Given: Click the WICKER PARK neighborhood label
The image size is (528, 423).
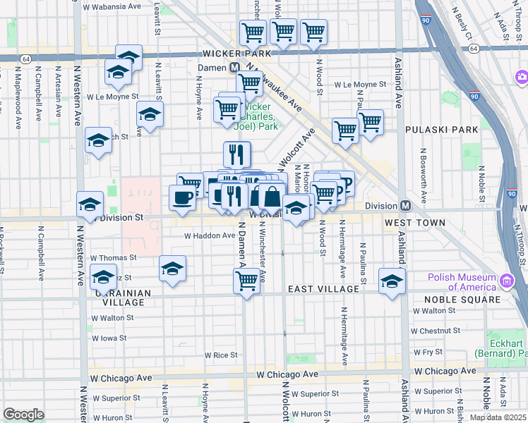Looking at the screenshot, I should (x=236, y=54).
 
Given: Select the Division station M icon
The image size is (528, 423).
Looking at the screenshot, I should (x=406, y=205).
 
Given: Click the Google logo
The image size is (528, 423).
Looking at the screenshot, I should (x=23, y=415).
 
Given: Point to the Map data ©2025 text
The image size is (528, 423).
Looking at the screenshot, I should (x=498, y=417).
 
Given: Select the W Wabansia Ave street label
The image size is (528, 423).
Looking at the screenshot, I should (x=112, y=6).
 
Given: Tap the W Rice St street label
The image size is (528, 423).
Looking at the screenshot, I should (x=220, y=355).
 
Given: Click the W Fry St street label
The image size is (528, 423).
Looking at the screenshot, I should (x=428, y=351).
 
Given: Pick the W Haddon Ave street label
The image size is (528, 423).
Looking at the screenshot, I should (x=209, y=236).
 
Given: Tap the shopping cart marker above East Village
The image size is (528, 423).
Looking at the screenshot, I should (x=246, y=281).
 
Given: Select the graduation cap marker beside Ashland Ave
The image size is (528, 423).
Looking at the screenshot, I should (x=392, y=281).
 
